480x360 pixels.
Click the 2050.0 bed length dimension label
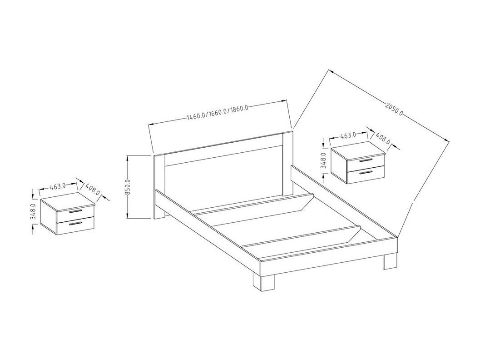394,110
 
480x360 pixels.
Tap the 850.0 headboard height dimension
129,187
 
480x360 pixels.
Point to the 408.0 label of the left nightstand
93,189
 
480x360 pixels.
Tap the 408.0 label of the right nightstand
383,138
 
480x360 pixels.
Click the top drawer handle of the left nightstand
75,211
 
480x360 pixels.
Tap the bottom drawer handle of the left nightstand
75,223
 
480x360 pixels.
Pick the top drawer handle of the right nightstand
366,160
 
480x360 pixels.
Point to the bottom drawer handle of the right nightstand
366,172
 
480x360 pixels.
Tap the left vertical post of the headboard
159,187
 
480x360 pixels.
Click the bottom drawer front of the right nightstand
366,175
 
